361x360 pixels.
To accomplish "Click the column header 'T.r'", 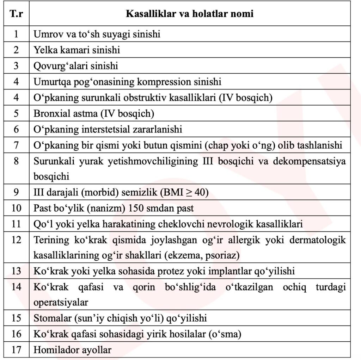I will click(16, 14).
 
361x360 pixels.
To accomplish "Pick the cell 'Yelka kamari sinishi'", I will click(77, 50).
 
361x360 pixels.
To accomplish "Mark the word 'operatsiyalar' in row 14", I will click(61, 302).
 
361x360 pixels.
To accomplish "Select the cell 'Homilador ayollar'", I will click(72, 350).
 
